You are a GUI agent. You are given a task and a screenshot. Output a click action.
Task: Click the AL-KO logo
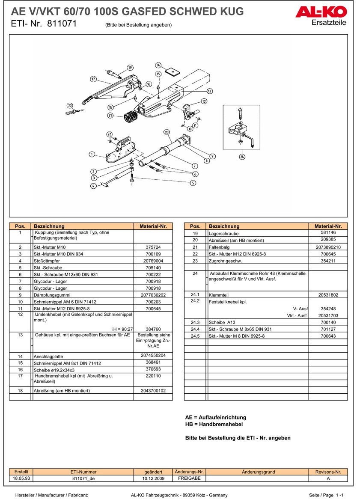pos(321,13)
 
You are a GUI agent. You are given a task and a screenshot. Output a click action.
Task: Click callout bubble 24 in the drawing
pos(243,157)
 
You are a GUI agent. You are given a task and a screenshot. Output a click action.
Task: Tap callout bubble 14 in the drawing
pos(158,65)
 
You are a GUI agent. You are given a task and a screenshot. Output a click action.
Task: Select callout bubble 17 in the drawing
pos(93,79)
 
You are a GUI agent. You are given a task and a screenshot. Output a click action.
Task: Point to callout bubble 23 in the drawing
pos(167,132)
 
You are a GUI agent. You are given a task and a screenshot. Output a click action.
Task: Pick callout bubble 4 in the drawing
pos(93,186)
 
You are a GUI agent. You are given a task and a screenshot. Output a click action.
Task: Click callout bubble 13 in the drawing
pos(209,91)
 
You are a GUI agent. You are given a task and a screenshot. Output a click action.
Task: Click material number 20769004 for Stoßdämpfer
pos(153,261)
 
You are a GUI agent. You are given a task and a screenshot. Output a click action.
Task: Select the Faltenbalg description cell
pos(257,247)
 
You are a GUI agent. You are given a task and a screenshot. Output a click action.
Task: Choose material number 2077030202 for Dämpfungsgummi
pos(153,295)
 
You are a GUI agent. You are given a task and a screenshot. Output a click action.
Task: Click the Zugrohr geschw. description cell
pos(257,261)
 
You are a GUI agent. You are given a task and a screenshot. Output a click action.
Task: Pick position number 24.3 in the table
pos(195,322)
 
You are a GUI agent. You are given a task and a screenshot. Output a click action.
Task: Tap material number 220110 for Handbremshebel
pos(153,376)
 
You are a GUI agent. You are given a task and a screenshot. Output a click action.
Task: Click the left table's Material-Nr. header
pos(153,226)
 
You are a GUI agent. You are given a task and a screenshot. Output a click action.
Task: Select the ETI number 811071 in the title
pos(62,24)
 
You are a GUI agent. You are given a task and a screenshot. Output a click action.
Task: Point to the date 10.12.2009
pos(153,478)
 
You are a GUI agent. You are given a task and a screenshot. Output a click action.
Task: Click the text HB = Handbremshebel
pos(214,424)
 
